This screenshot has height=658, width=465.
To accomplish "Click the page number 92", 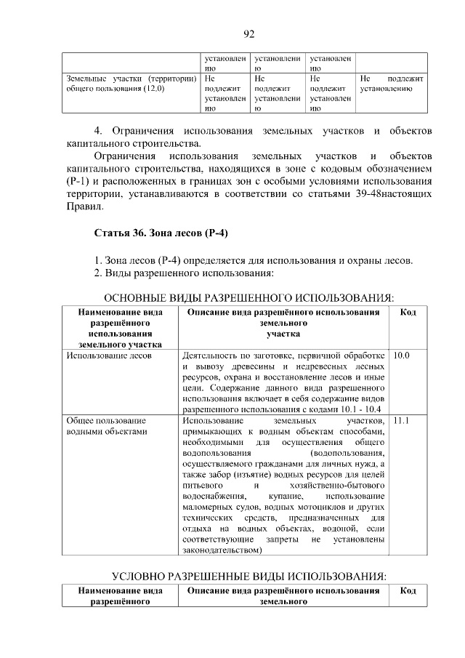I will (248, 34).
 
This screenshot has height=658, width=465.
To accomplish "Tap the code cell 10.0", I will (402, 356).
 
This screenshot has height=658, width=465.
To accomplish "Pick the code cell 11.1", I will (402, 421).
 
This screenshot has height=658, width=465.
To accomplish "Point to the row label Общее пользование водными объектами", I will (106, 426).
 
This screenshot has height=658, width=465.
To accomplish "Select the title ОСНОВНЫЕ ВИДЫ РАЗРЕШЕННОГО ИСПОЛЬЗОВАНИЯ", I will (249, 298).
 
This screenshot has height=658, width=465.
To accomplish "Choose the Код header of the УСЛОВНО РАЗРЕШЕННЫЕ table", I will (408, 591).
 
